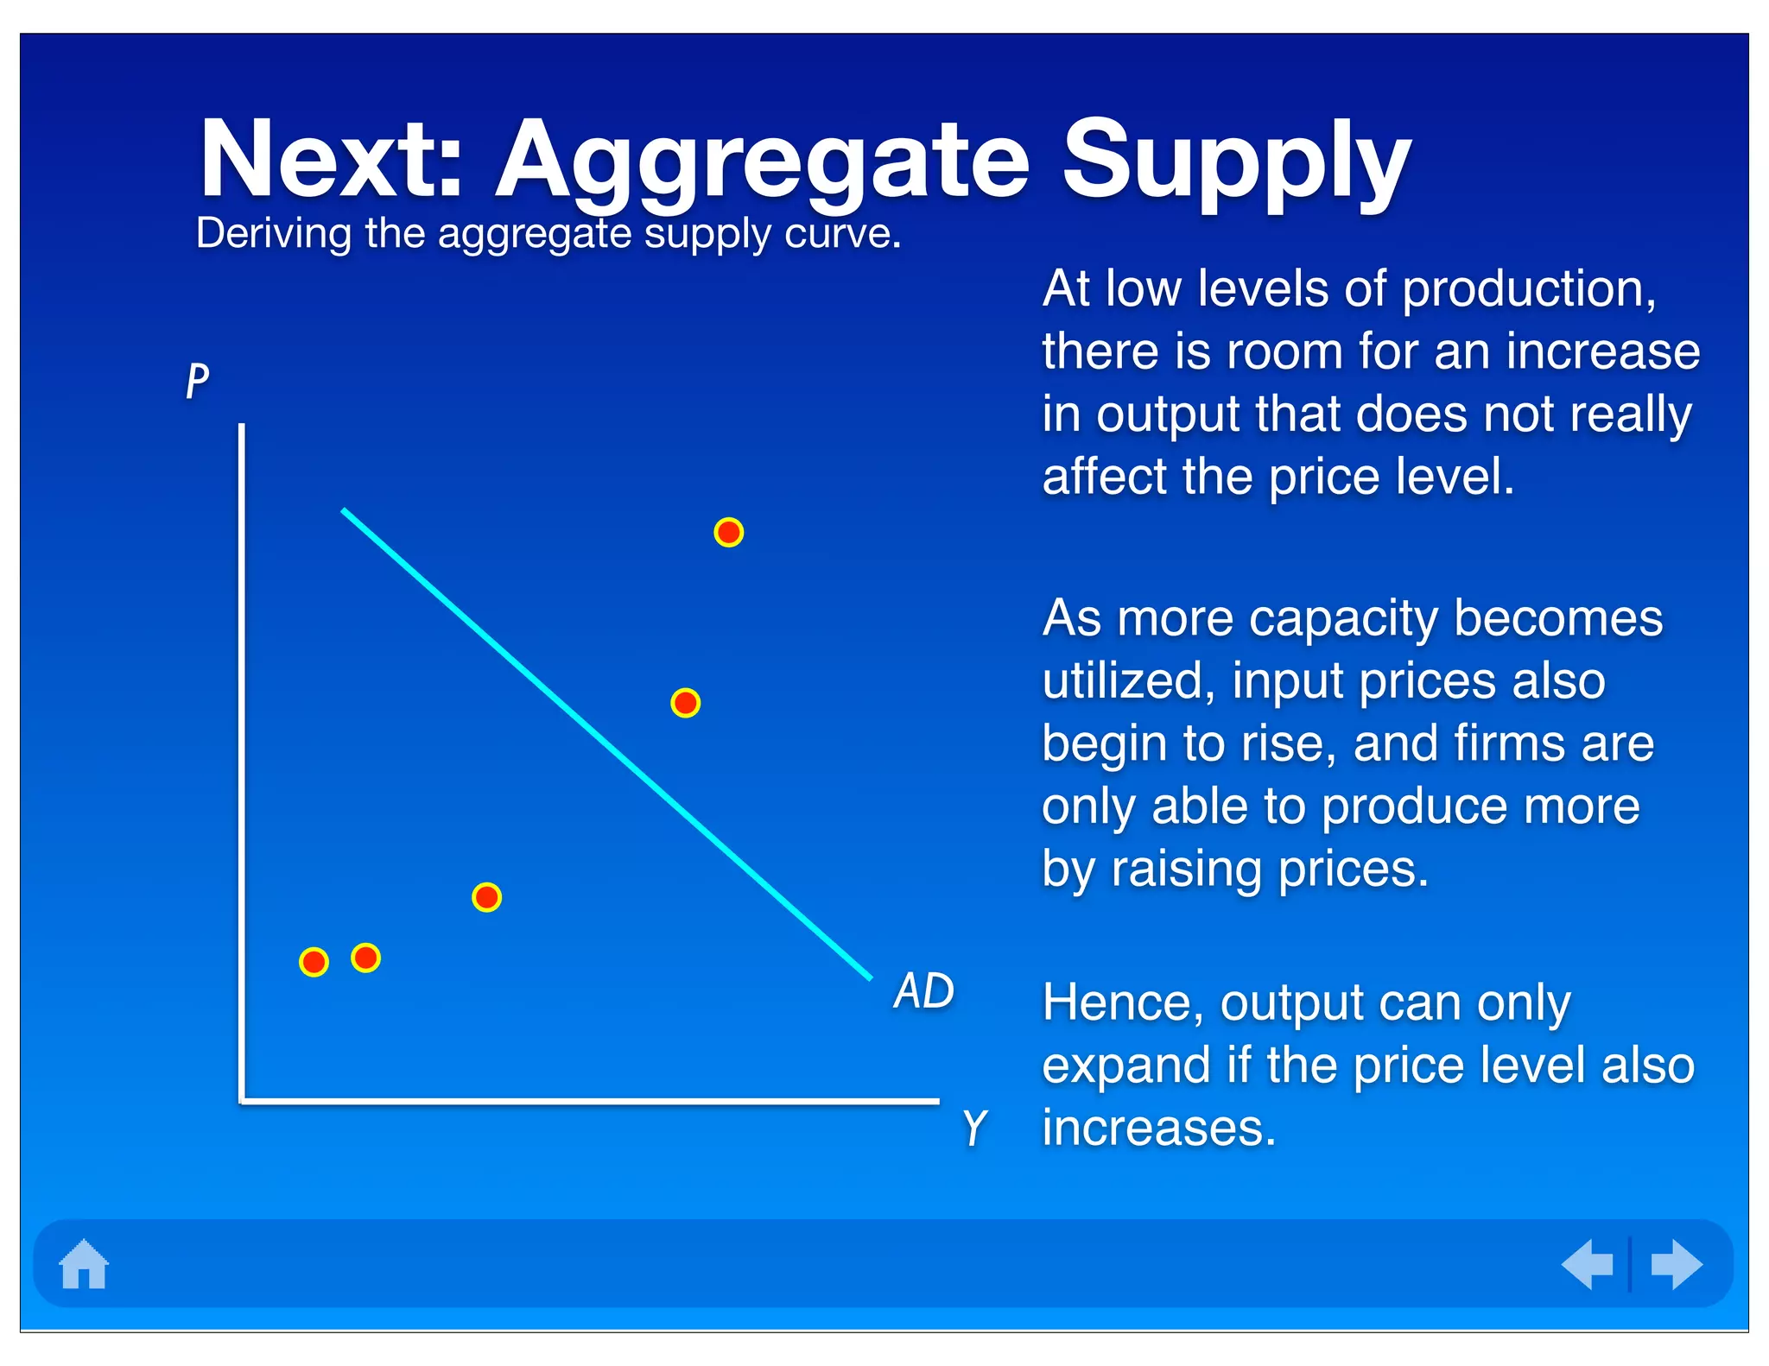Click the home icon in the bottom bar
tap(84, 1265)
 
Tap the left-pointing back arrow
tap(1588, 1265)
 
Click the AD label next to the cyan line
tap(923, 990)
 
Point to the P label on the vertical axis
tap(198, 380)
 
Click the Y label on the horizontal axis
tap(973, 1128)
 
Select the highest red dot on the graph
tap(728, 532)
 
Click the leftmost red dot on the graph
tap(314, 961)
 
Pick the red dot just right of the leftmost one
tap(365, 958)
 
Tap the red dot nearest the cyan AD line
tap(685, 703)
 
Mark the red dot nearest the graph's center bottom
tap(486, 897)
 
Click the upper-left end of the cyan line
tap(345, 511)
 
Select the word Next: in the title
tap(332, 161)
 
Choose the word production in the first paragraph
tap(1528, 290)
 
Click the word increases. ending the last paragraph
tap(1158, 1129)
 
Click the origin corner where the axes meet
tap(243, 1101)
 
